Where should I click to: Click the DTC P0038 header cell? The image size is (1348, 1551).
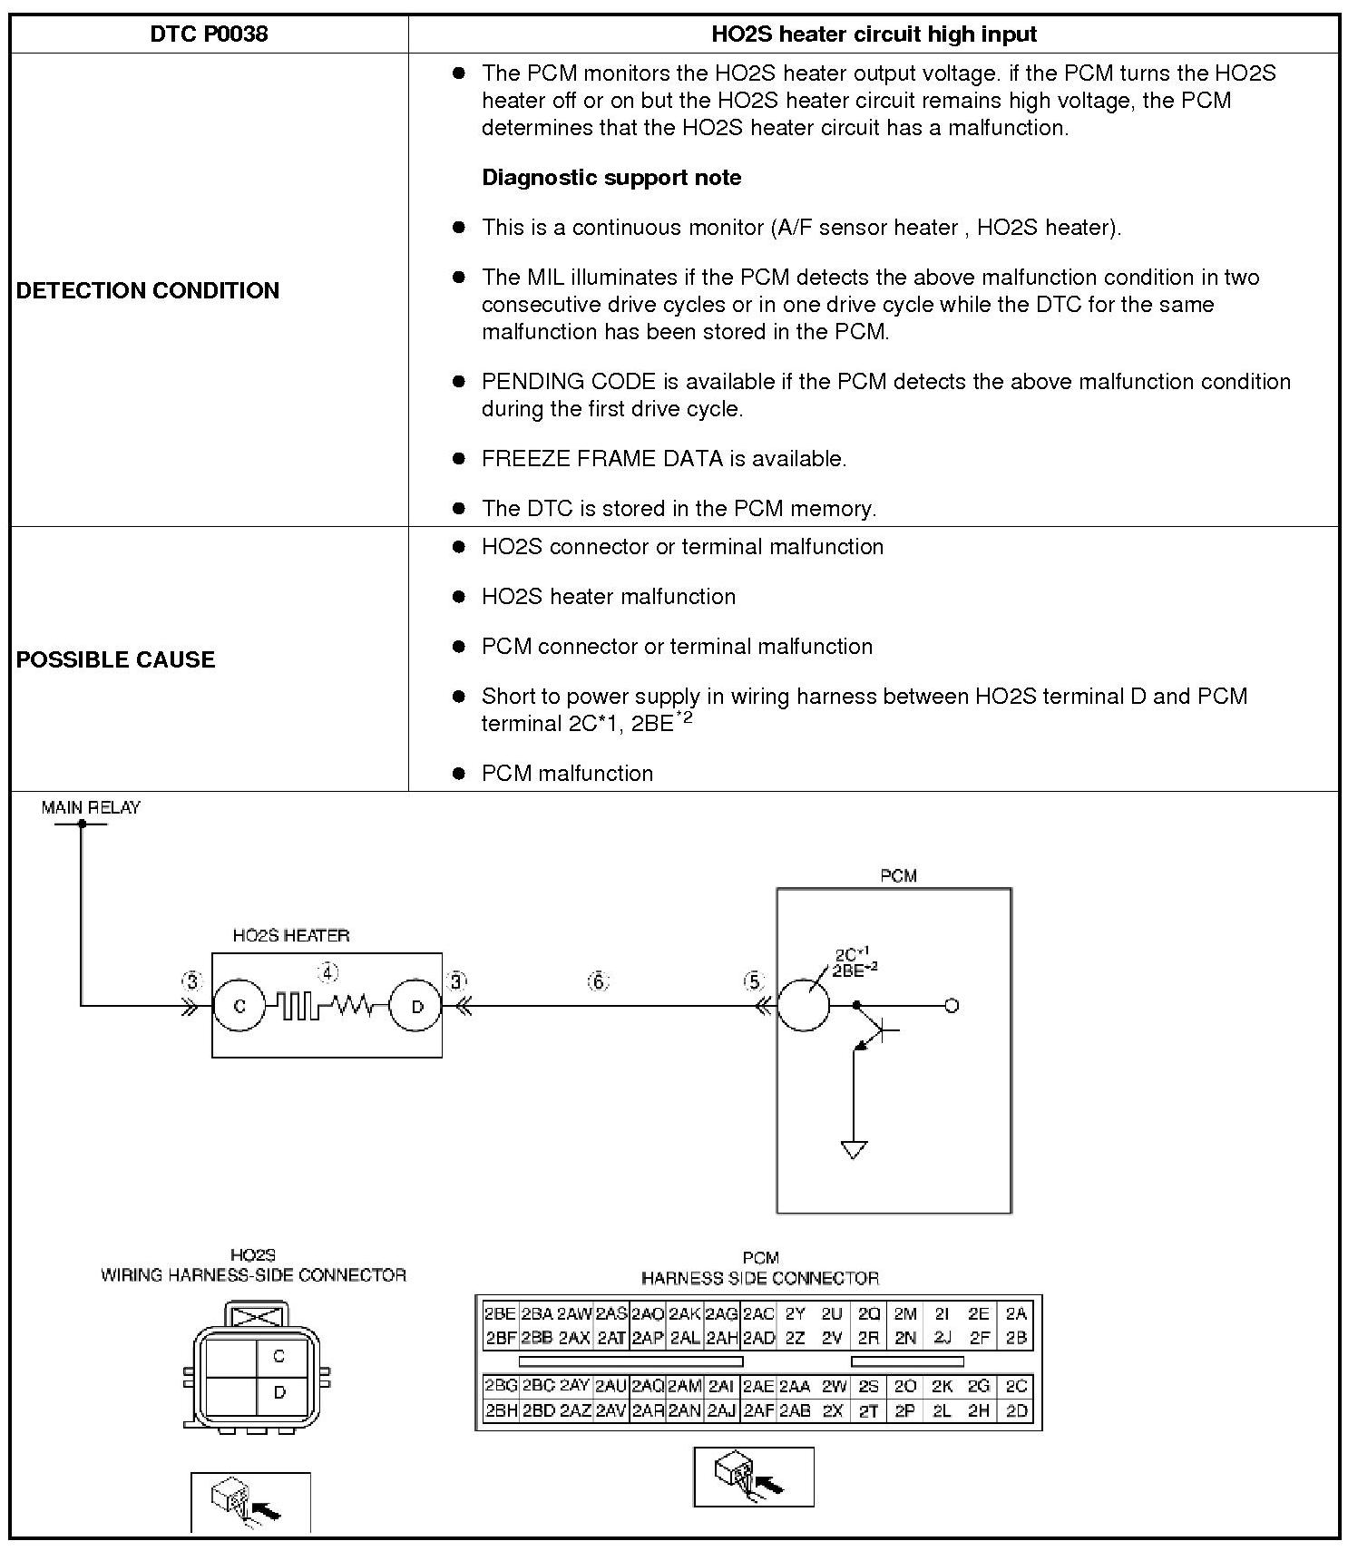click(x=209, y=34)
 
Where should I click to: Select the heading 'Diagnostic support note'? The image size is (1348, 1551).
click(x=611, y=178)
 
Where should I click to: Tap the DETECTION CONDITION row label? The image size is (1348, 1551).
click(x=148, y=290)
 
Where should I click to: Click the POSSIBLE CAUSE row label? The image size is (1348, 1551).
click(x=116, y=659)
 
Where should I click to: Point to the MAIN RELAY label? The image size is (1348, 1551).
click(x=91, y=807)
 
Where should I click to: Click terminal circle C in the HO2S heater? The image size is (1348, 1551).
click(x=239, y=1006)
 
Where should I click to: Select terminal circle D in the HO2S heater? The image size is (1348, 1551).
click(x=416, y=1006)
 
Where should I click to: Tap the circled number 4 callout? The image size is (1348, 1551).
click(x=327, y=973)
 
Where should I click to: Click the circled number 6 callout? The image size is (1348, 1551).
click(x=598, y=981)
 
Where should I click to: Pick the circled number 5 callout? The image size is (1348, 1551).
click(x=754, y=981)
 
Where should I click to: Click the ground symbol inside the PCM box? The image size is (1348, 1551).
click(x=854, y=1149)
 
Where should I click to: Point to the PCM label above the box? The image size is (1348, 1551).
click(x=898, y=876)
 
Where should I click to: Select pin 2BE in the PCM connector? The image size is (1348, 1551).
click(x=500, y=1313)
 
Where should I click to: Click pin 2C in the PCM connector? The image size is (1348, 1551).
click(x=1016, y=1386)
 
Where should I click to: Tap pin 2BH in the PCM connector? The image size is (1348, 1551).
click(x=501, y=1410)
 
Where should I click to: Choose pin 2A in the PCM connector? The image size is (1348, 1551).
click(x=1016, y=1313)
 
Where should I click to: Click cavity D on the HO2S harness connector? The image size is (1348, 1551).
click(x=279, y=1392)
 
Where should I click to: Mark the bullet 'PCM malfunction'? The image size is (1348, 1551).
click(x=567, y=774)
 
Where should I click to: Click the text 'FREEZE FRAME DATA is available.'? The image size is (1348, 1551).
click(x=664, y=459)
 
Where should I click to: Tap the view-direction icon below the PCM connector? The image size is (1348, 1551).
click(x=753, y=1477)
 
